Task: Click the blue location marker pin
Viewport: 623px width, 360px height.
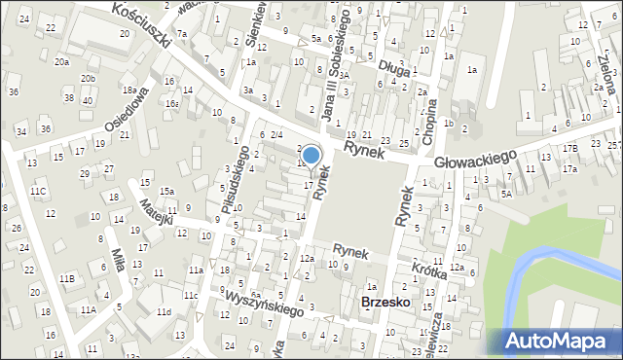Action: click(311, 156)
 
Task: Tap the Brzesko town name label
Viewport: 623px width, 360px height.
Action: click(385, 303)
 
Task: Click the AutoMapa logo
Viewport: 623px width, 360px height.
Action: click(562, 341)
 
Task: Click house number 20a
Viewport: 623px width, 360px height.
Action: click(61, 61)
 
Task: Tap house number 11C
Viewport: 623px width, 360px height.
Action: click(38, 192)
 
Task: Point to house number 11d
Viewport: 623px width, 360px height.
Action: click(165, 311)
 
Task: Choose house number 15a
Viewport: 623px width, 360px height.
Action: click(167, 192)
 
